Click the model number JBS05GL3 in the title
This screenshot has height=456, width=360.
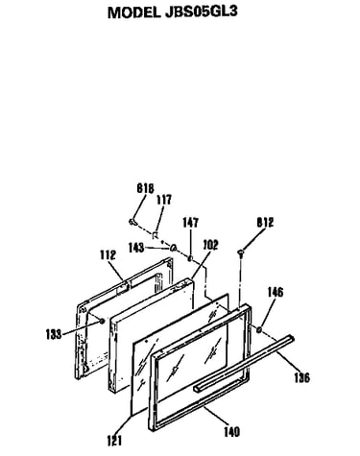[202, 12]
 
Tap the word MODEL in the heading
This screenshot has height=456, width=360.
[134, 12]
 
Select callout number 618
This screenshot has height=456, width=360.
[145, 188]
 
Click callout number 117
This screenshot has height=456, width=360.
[164, 200]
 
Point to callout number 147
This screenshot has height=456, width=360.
[190, 223]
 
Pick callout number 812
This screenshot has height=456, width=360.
[265, 223]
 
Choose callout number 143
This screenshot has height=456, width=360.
[136, 248]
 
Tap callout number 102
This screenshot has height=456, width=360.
[211, 245]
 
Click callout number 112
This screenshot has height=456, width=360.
[108, 255]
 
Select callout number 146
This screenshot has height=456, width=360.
[276, 292]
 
